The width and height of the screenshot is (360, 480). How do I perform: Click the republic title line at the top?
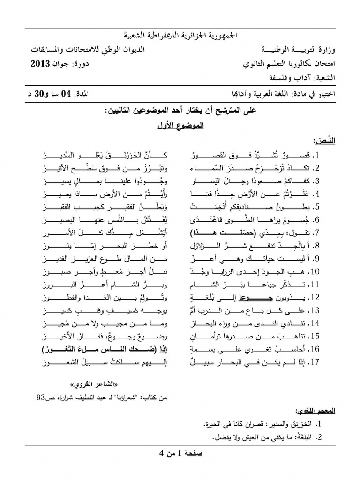180,35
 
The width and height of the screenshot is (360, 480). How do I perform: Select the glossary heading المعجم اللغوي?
307,411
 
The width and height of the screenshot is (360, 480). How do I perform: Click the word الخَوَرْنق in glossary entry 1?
300,424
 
